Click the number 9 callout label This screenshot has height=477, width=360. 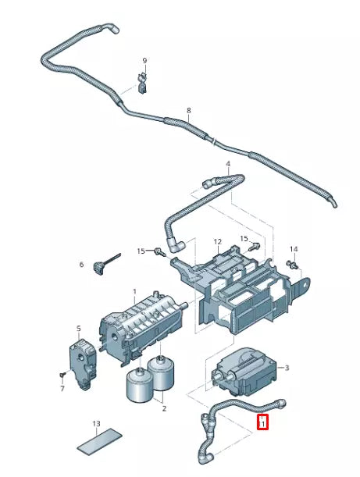[x=144, y=61]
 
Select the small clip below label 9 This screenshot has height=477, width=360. [x=143, y=81]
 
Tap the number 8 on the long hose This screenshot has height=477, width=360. [x=188, y=111]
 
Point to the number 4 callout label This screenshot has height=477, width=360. [x=228, y=165]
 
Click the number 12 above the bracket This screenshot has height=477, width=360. [x=218, y=242]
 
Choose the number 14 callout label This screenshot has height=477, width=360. [x=294, y=249]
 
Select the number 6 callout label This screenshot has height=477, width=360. [x=80, y=265]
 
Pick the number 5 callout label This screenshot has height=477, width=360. [x=78, y=329]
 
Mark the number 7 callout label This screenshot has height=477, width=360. [x=62, y=388]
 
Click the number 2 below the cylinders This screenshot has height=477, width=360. [x=163, y=408]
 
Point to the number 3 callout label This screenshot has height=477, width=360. [x=287, y=368]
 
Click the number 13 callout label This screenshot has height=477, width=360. [x=96, y=424]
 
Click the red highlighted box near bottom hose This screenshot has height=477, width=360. [x=263, y=423]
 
